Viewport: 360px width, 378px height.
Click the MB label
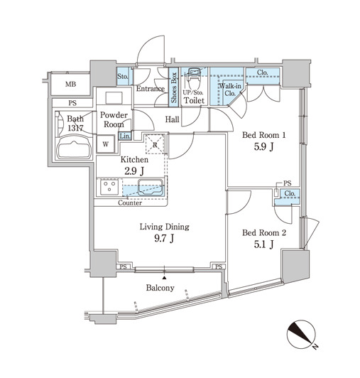tap(71, 85)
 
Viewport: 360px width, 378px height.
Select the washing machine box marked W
tap(106, 144)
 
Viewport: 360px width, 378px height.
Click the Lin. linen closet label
tap(125, 136)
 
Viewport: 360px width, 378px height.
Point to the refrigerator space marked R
tap(156, 144)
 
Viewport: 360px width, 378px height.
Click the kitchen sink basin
tap(150, 188)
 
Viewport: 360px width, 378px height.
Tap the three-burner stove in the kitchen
tap(109, 187)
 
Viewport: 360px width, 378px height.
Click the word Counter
tap(130, 203)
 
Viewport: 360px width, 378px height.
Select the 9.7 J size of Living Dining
tap(164, 238)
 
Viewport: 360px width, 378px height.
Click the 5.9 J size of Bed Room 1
tap(263, 146)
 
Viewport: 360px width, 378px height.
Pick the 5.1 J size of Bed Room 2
tap(263, 244)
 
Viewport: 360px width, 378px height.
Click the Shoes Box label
tap(174, 87)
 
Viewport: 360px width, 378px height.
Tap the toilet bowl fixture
tap(194, 79)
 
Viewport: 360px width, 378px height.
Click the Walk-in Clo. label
tap(230, 90)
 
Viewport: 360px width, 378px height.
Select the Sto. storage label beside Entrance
tap(122, 77)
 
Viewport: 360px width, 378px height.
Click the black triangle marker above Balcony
tap(164, 278)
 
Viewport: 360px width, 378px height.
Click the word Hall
tap(172, 119)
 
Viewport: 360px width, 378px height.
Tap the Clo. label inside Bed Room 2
tap(290, 193)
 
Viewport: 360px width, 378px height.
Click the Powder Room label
tap(114, 119)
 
